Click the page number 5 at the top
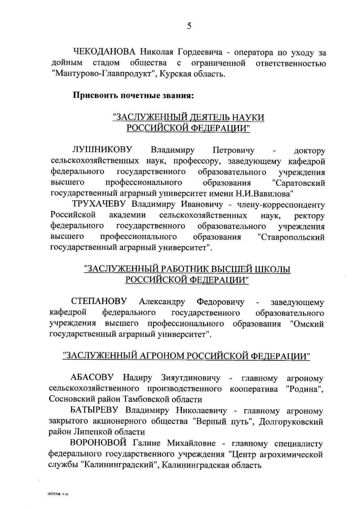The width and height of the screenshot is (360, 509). click(x=189, y=26)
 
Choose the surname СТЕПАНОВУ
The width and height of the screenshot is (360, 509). click(x=99, y=301)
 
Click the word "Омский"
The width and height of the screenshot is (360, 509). click(x=307, y=323)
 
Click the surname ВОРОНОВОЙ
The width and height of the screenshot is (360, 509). click(x=100, y=443)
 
